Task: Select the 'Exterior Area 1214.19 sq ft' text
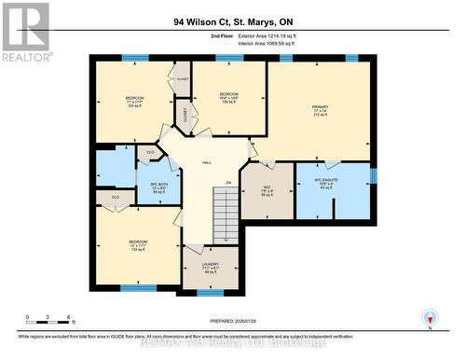coord(277,35)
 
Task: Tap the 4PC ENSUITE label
coord(333,185)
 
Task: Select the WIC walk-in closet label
coord(267,190)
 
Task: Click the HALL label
coord(206,161)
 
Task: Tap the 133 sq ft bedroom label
coord(138,245)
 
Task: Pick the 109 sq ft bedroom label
coord(228,98)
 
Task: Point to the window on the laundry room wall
coord(210,292)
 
